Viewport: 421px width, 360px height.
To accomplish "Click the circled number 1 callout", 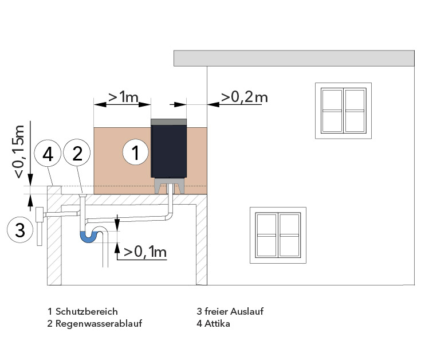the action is [135, 152].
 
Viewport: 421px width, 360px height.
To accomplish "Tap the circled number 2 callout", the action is [77, 152].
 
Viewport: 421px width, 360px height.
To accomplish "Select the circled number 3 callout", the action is [20, 230].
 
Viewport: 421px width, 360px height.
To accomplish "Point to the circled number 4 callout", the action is [48, 154].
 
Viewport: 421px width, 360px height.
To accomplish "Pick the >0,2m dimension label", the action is [245, 97].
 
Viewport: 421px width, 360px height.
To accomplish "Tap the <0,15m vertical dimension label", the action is [19, 151].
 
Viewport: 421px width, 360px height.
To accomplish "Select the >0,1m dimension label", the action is [145, 252].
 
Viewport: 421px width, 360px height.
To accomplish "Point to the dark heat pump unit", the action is [168, 151].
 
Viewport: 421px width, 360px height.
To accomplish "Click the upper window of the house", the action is [344, 111].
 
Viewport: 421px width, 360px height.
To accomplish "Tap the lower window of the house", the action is [278, 235].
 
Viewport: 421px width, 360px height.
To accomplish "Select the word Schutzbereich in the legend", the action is [86, 311].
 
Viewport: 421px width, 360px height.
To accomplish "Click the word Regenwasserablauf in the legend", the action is [99, 323].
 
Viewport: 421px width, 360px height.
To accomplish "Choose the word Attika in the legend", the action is [217, 323].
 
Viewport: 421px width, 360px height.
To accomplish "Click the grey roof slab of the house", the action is [294, 58].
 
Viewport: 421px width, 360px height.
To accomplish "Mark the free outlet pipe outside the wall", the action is [40, 226].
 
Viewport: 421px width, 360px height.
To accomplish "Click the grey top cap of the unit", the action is [168, 122].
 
